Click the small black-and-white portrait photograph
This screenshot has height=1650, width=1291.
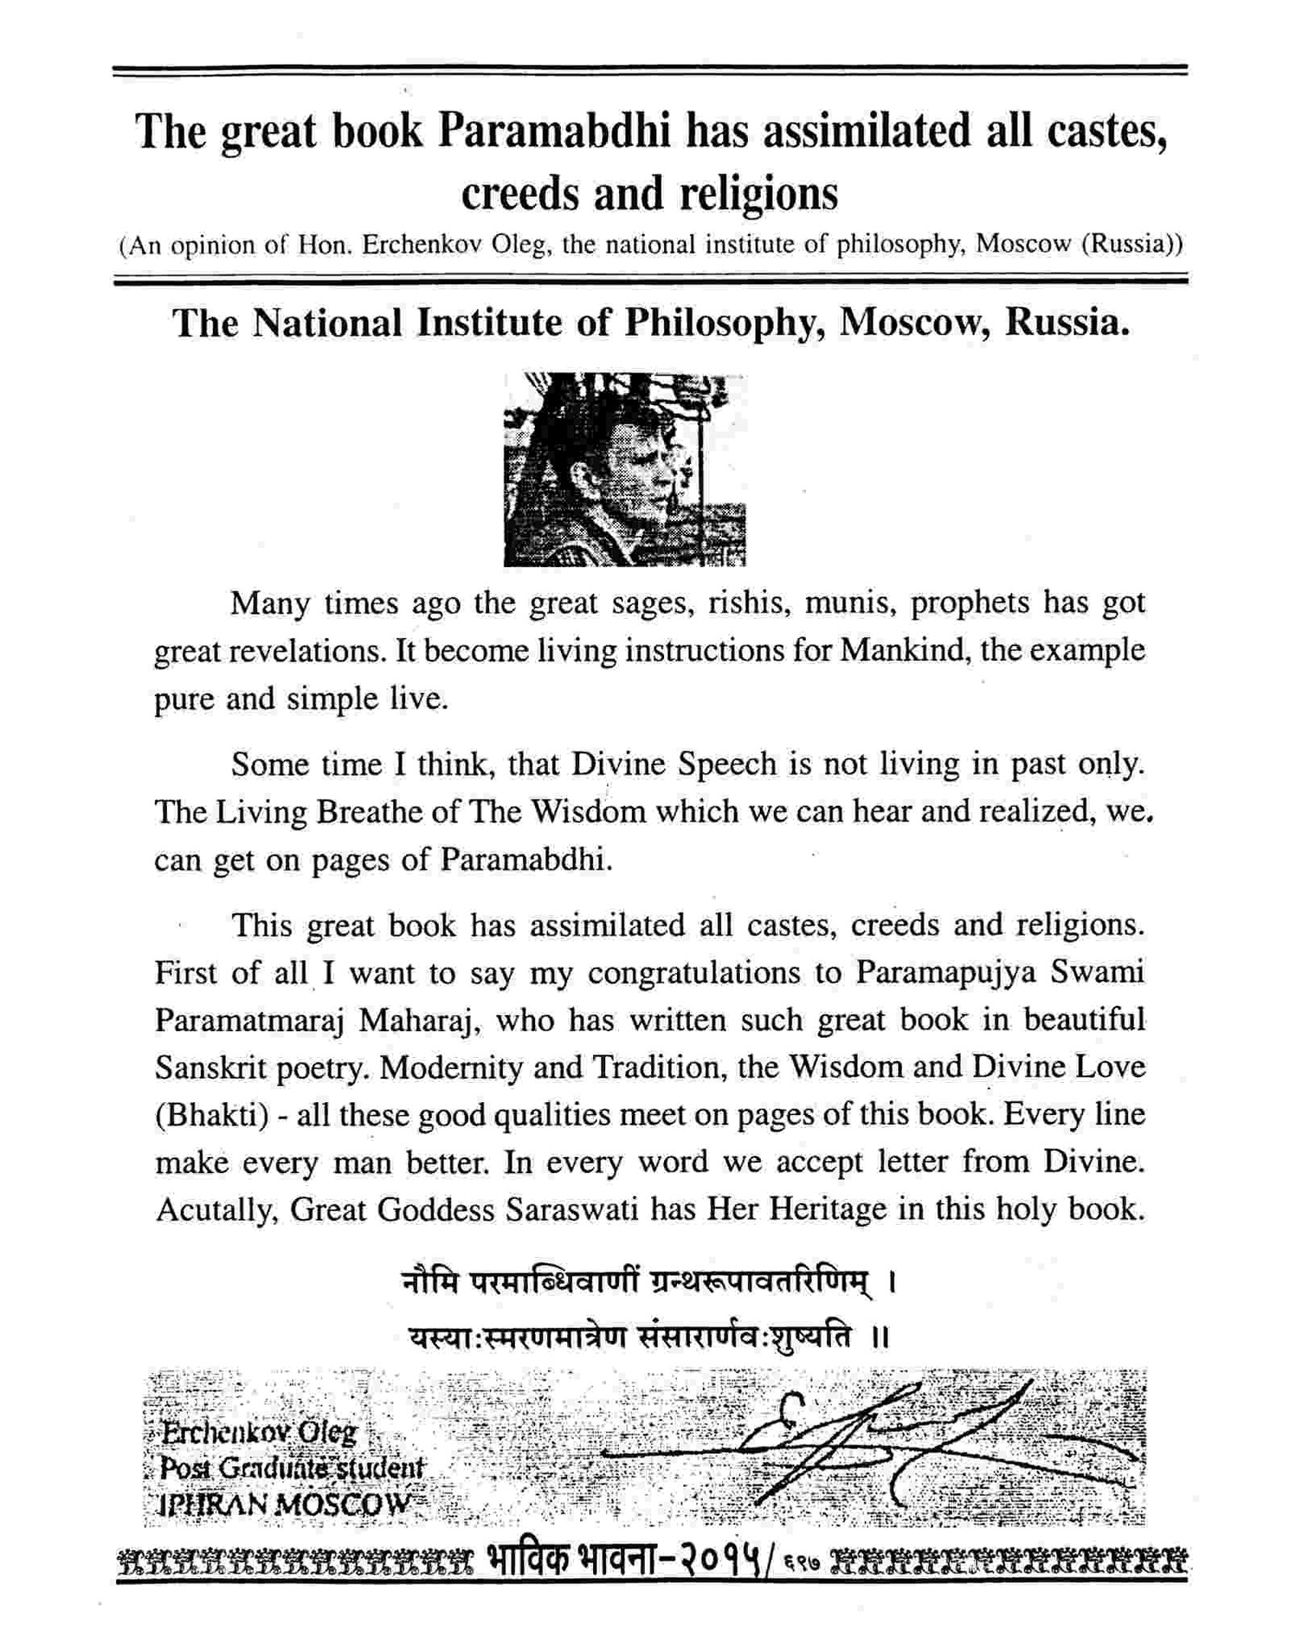tap(624, 469)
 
